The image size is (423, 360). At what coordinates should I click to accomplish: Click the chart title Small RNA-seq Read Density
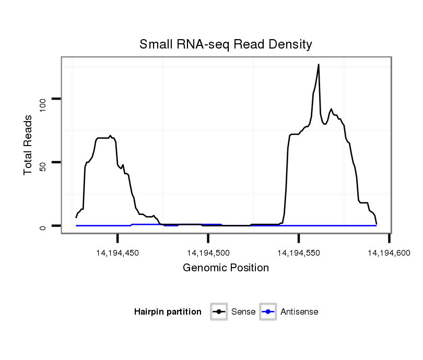pyautogui.click(x=226, y=44)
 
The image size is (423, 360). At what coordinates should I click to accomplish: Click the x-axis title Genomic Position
pyautogui.click(x=226, y=268)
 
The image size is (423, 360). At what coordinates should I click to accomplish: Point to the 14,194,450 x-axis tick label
pyautogui.click(x=118, y=253)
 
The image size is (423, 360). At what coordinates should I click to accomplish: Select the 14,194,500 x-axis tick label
pyautogui.click(x=208, y=253)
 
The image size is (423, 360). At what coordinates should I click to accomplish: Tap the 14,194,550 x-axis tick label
pyautogui.click(x=299, y=253)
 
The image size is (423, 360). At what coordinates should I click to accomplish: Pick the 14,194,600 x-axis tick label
pyautogui.click(x=389, y=253)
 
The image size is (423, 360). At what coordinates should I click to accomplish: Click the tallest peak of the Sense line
pyautogui.click(x=319, y=65)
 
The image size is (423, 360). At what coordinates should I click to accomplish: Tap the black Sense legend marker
pyautogui.click(x=219, y=312)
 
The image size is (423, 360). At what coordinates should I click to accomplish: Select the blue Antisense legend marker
pyautogui.click(x=267, y=312)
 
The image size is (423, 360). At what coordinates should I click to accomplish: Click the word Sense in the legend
pyautogui.click(x=243, y=312)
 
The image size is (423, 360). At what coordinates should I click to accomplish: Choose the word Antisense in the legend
pyautogui.click(x=299, y=312)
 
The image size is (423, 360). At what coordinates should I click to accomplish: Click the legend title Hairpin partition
pyautogui.click(x=168, y=312)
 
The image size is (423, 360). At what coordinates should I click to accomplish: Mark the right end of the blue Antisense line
pyautogui.click(x=376, y=225)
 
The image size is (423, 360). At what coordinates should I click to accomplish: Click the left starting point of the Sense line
pyautogui.click(x=76, y=217)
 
